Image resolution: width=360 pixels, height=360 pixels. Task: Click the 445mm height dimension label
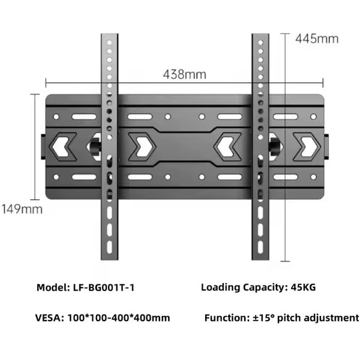[x=317, y=38]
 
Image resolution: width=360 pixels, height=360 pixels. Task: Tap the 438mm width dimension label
[x=185, y=74]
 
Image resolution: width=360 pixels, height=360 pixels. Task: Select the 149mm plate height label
[x=22, y=209]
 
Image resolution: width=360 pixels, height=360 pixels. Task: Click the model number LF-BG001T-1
[x=104, y=287]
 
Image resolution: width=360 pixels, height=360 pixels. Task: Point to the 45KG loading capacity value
[x=303, y=287]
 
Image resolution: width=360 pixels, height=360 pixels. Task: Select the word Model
[x=53, y=287]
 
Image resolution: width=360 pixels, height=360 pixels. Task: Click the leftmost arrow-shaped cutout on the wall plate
[x=62, y=147]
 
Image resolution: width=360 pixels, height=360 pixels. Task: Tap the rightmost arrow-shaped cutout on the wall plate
[x=307, y=147]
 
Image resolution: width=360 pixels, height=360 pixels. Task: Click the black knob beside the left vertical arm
[x=95, y=146]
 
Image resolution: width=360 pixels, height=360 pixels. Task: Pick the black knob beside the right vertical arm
[x=275, y=146]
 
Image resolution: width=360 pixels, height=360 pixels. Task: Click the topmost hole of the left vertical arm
[x=109, y=43]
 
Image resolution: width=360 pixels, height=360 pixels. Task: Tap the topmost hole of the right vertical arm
[x=260, y=43]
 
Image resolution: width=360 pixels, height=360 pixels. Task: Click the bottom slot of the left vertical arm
[x=110, y=247]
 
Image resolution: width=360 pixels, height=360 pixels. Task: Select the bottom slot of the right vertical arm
[x=260, y=247]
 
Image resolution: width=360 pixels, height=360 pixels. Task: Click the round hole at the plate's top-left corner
[x=56, y=116]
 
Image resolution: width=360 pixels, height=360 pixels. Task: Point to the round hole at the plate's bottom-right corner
[x=313, y=177]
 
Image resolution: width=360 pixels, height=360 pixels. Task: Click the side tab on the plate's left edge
[x=43, y=147]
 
